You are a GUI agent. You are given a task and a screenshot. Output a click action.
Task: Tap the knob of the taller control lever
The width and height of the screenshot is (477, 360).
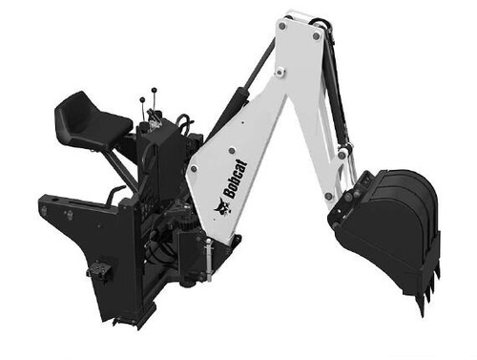[154, 90]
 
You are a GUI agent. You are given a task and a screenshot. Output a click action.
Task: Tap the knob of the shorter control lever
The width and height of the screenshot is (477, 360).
[142, 100]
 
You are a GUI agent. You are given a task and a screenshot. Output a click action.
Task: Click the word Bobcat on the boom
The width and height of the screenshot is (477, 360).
[235, 180]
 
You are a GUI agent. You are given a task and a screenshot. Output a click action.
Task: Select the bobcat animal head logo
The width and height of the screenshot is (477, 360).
[223, 207]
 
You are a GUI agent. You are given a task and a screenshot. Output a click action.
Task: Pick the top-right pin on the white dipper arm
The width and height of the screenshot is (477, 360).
[316, 36]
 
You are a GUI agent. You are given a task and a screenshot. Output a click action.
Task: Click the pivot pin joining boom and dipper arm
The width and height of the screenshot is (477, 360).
[280, 73]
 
